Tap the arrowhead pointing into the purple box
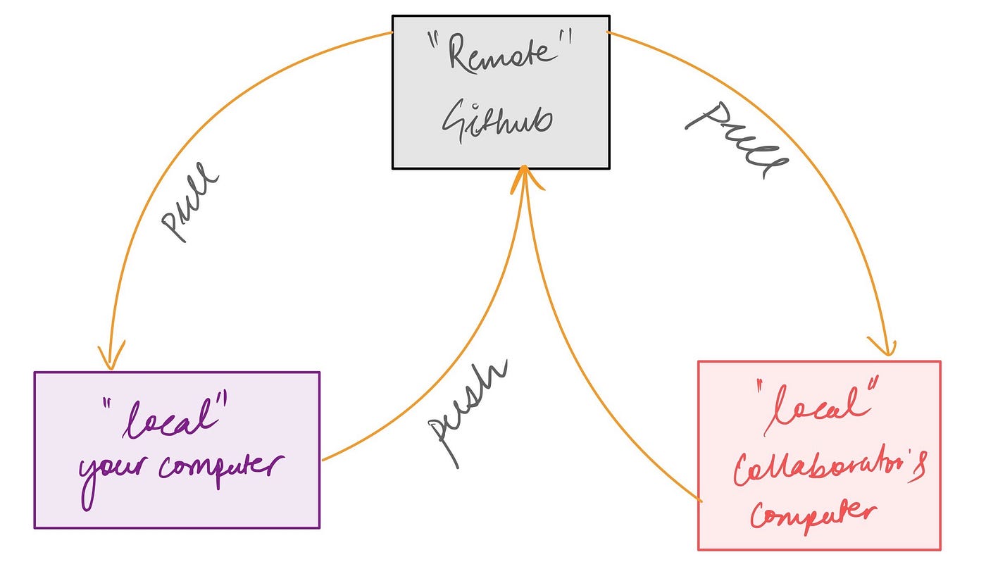click(110, 356)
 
